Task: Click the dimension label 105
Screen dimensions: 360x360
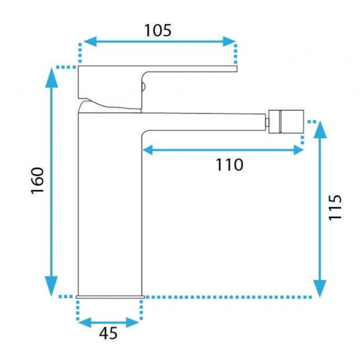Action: (x=158, y=31)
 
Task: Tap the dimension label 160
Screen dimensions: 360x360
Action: (x=37, y=181)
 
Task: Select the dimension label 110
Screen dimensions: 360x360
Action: (x=229, y=164)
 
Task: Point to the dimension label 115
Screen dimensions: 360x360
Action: (x=335, y=208)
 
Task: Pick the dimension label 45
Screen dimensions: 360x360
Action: (x=109, y=333)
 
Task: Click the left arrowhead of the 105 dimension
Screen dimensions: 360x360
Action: (x=89, y=41)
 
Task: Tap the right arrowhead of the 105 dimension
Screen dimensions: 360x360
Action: (x=229, y=41)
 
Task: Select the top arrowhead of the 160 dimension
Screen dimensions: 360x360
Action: (x=52, y=77)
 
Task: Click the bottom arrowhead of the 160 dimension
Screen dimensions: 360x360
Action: (x=51, y=286)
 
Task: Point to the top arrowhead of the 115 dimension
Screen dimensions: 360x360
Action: (x=320, y=130)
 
